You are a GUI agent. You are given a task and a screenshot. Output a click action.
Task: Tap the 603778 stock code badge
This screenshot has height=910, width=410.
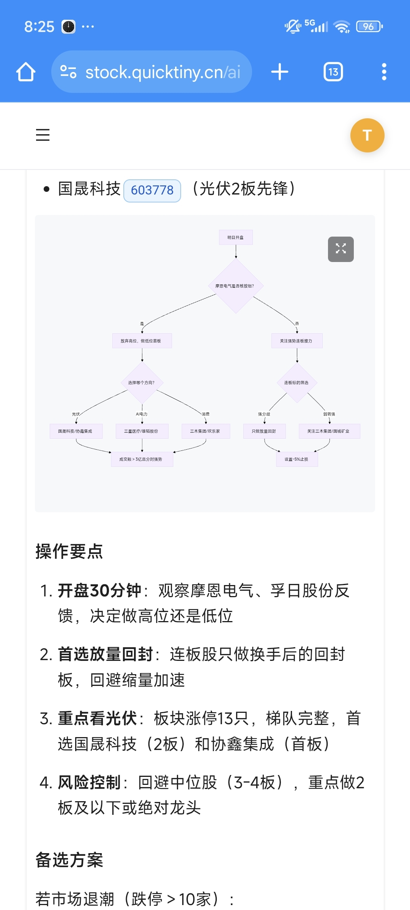pos(152,190)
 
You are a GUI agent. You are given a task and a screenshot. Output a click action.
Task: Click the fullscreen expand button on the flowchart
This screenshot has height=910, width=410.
pos(341,249)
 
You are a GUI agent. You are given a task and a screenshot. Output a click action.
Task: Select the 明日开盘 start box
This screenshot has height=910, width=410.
pos(236,237)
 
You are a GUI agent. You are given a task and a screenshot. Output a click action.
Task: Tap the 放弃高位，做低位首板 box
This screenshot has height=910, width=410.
pos(142,341)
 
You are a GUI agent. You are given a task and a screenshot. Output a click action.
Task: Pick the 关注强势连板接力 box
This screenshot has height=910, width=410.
pos(297,341)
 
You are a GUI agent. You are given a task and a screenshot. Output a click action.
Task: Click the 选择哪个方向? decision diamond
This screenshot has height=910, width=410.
pos(142,383)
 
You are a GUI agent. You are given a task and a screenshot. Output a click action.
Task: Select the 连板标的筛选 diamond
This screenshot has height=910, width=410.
pos(297,383)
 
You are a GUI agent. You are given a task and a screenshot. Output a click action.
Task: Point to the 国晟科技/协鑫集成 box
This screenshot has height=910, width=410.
pos(76,431)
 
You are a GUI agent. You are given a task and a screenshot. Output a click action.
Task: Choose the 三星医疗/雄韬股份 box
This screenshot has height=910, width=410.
pos(142,431)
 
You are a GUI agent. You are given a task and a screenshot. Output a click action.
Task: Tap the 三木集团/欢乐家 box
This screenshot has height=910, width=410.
pos(205,431)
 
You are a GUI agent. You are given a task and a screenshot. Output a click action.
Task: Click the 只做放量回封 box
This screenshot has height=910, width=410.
pos(264,431)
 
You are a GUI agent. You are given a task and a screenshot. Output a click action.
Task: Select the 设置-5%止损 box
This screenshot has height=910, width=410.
pos(297,459)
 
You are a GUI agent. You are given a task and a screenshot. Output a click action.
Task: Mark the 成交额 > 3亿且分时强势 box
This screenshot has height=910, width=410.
pos(142,459)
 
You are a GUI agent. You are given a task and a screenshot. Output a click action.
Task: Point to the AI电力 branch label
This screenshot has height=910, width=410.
pos(142,414)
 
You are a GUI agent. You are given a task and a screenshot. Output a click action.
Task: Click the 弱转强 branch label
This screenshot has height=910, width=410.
pos(329,414)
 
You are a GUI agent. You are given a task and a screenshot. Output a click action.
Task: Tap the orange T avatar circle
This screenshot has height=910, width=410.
pos(367,135)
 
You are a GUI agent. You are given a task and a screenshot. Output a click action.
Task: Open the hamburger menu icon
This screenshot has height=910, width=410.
pos(43,135)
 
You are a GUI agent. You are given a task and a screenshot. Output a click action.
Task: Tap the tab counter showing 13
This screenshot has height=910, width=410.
pos(333,72)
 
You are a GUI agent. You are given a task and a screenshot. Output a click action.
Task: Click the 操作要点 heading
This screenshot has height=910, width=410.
pos(69,551)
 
